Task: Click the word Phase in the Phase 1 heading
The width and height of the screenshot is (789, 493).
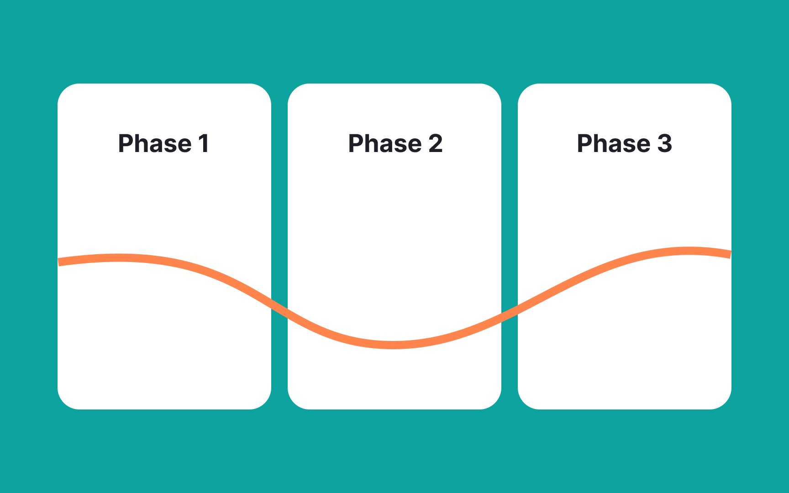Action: point(155,143)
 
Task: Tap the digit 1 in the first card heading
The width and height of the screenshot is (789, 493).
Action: point(204,143)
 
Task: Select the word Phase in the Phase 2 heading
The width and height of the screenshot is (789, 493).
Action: point(385,143)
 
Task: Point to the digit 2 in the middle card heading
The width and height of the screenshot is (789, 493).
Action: point(436,143)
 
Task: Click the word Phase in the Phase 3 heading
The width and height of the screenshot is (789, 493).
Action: point(614,143)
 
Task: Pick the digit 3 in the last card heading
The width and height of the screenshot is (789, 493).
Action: point(665,143)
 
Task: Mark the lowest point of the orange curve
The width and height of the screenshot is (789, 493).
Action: point(394,345)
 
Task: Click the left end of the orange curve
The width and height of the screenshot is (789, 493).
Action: point(59,262)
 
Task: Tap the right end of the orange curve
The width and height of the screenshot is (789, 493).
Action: point(730,254)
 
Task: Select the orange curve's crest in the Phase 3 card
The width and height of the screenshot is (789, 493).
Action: point(689,251)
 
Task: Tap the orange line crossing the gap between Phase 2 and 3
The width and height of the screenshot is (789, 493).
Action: point(510,313)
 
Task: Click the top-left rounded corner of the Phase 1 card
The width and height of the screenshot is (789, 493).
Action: point(64,90)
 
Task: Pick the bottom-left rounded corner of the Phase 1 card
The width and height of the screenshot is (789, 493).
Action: point(64,403)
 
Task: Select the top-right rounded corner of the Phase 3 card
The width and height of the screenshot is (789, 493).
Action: point(725,90)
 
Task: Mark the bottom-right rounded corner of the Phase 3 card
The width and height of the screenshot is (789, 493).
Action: point(725,403)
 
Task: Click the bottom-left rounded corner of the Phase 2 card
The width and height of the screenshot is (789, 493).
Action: point(295,403)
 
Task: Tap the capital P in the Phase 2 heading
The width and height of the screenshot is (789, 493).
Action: point(356,143)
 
